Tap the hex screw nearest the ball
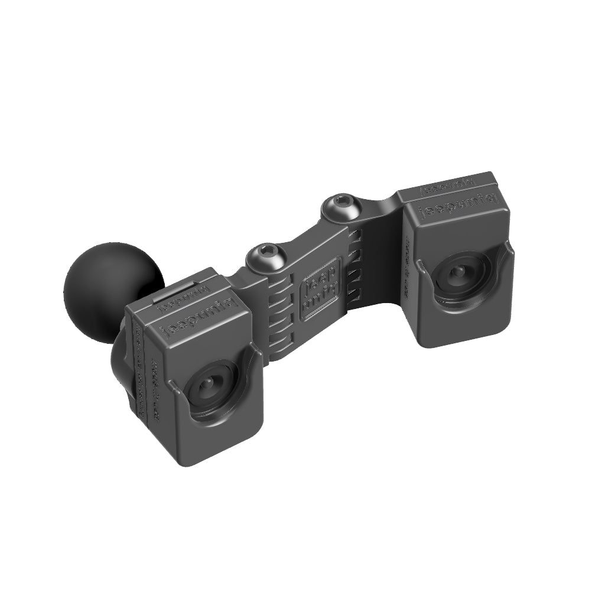pos(265,256)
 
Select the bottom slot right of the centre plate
pos(353,294)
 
